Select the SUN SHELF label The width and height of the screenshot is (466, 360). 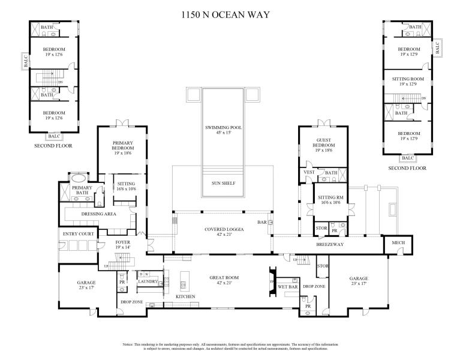(223, 184)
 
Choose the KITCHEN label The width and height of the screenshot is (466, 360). (185, 297)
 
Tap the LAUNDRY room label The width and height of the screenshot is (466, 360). (148, 281)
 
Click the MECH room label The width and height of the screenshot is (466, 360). (398, 243)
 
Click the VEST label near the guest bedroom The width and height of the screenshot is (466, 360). (309, 173)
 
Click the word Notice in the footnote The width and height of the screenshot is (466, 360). (128, 345)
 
